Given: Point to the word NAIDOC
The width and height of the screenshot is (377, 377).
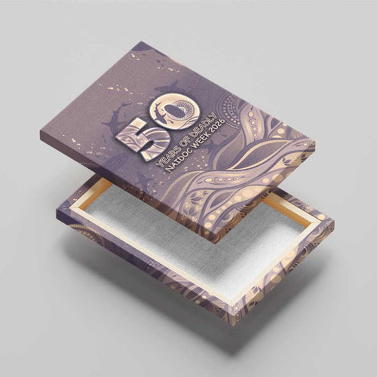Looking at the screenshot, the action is point(176,160).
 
